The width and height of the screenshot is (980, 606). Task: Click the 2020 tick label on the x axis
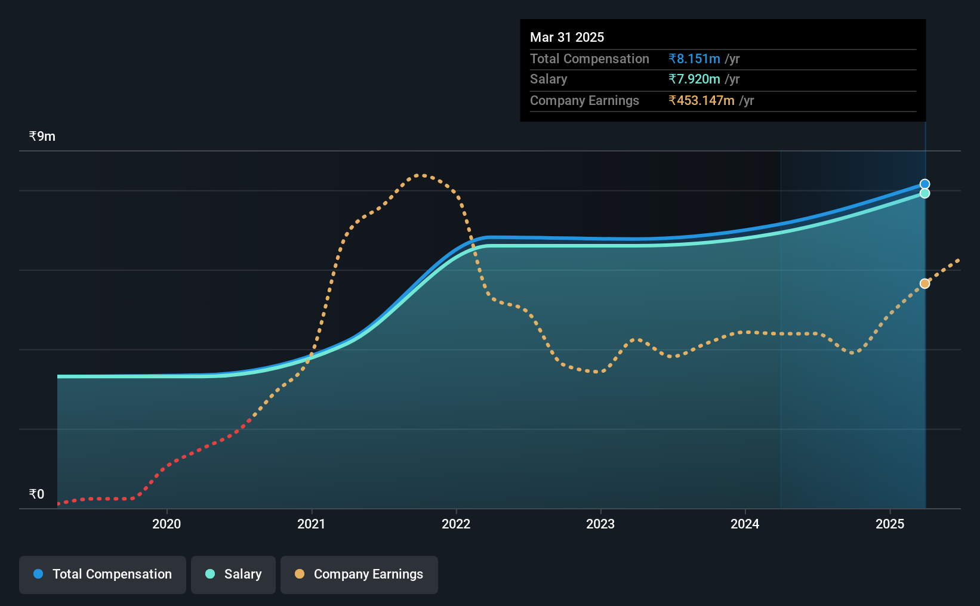(x=167, y=524)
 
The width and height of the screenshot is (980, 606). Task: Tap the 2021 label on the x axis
(x=312, y=524)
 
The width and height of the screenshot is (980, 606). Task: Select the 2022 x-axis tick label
(x=456, y=524)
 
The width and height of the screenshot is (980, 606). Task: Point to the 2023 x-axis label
(x=600, y=524)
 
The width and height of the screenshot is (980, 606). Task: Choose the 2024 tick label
(x=745, y=524)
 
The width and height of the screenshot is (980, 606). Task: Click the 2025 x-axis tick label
(x=890, y=524)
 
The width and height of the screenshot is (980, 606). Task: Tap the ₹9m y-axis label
(x=42, y=137)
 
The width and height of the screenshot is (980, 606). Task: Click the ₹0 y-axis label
(x=37, y=494)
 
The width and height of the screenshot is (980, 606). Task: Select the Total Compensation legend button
(x=103, y=574)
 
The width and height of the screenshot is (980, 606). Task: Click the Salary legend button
(x=233, y=574)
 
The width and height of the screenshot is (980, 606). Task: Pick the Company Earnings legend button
(x=359, y=574)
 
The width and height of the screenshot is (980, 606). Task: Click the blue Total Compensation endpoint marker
(x=924, y=184)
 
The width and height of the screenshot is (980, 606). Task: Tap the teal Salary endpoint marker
(x=924, y=193)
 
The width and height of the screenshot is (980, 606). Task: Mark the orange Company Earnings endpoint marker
(x=924, y=284)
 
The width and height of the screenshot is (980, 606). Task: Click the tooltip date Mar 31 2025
(x=567, y=37)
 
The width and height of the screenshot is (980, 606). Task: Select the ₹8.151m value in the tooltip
(x=694, y=58)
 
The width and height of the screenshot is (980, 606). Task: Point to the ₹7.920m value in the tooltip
(x=694, y=79)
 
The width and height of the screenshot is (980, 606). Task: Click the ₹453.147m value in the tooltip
(x=701, y=101)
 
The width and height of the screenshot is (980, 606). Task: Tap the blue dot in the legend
(x=39, y=574)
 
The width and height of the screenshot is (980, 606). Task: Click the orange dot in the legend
(x=300, y=574)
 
